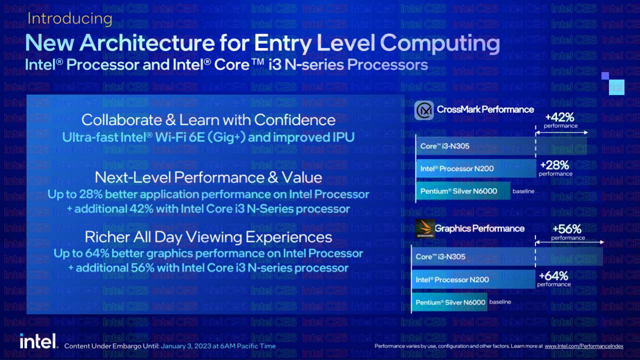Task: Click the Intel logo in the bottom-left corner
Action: (37, 341)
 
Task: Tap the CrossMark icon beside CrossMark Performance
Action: (424, 110)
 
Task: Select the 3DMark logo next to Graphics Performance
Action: (424, 229)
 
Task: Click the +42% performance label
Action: (560, 119)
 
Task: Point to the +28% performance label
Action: (555, 167)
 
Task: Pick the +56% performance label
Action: (567, 231)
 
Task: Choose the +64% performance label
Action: (553, 278)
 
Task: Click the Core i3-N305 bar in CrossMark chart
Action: (500, 146)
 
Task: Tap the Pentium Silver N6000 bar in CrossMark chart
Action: (462, 191)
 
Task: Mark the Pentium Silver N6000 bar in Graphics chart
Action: (450, 302)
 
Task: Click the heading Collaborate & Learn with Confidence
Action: (208, 120)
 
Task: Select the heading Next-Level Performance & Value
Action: (208, 177)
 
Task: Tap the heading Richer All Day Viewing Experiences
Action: (208, 236)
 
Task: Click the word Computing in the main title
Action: (440, 43)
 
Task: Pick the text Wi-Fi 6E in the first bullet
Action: (181, 137)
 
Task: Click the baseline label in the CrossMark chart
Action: (523, 191)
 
